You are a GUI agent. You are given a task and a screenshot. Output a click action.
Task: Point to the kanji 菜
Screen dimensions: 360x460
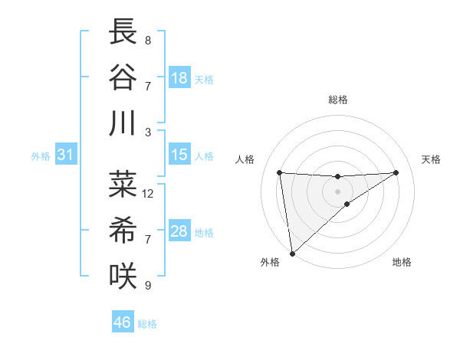124,184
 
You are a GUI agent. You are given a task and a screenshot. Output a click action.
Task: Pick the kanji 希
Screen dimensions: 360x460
124,231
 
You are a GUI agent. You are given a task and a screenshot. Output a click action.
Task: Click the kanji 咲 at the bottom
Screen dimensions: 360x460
124,276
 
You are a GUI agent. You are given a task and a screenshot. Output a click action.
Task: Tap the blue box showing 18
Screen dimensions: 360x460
179,78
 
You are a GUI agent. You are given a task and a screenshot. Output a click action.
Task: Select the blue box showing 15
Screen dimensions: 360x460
179,155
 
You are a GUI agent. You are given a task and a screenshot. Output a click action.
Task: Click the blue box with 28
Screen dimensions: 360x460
179,231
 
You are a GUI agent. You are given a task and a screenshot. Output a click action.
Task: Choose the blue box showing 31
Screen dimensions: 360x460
66,155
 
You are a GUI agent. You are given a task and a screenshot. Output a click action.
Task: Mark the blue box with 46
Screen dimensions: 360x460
123,322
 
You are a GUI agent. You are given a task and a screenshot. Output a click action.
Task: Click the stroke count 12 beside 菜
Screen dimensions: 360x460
148,194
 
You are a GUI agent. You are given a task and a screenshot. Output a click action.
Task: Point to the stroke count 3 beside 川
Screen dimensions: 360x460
148,133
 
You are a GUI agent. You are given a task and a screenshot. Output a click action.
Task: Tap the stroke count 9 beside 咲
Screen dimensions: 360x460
148,286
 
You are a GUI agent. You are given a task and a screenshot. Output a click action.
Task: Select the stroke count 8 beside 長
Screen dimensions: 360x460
148,40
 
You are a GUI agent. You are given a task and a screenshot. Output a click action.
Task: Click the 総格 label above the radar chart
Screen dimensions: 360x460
337,100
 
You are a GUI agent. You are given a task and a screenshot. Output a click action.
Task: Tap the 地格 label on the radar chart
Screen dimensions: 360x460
402,263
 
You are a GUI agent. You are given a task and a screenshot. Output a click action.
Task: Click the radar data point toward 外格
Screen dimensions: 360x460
292,253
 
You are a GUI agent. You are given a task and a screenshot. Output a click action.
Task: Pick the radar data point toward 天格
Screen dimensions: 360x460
396,172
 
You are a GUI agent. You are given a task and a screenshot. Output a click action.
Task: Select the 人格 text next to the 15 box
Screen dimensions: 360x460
204,155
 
